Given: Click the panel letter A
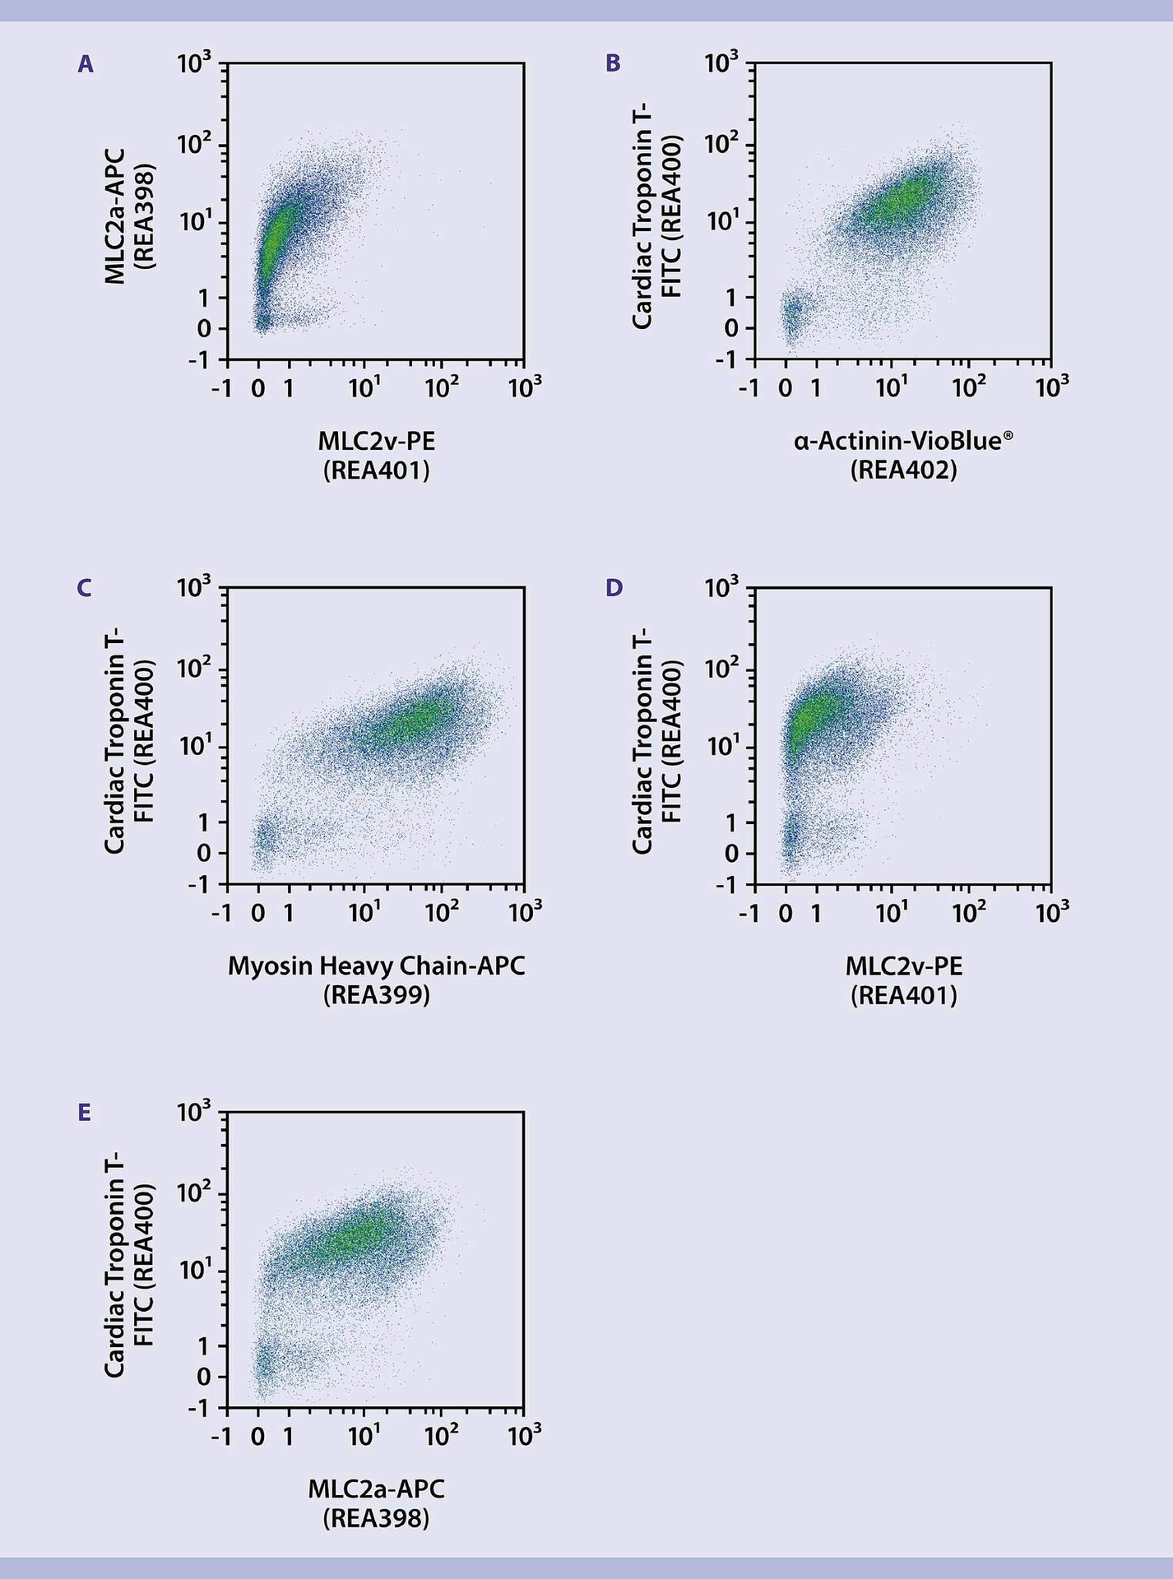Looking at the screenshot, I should tap(86, 64).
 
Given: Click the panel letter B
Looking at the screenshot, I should tap(613, 64).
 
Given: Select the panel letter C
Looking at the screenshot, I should tap(84, 588).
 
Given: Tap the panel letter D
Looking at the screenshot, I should tap(614, 588).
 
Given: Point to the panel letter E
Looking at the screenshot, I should tap(84, 1113).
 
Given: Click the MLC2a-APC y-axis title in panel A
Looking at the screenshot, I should tap(115, 216).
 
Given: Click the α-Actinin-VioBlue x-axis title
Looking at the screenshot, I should tap(902, 442).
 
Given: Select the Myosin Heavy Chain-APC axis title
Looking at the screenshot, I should tap(376, 965).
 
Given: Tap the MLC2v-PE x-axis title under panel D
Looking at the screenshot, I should tap(903, 965).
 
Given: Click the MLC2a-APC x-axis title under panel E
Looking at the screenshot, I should tap(376, 1489).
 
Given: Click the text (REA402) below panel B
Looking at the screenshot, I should tap(903, 470).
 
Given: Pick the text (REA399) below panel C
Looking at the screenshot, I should tap(376, 995).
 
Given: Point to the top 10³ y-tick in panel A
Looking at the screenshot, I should tap(194, 63).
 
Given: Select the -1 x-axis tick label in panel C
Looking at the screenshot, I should tap(222, 912).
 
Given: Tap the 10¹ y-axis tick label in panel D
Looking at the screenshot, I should tap(722, 746).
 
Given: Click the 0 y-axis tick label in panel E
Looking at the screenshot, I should tap(203, 1378).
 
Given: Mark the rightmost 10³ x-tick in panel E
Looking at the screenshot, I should tap(525, 1435).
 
